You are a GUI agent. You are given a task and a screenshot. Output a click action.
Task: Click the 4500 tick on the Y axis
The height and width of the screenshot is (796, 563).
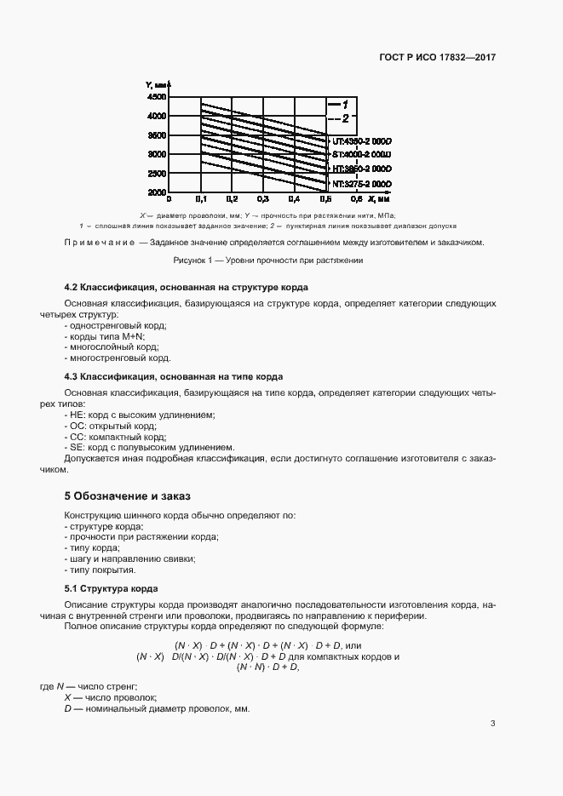coord(157,97)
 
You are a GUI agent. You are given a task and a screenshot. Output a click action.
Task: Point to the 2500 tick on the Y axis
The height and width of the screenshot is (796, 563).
coord(157,174)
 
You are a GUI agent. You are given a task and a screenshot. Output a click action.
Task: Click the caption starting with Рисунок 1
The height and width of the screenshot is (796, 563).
coord(268,261)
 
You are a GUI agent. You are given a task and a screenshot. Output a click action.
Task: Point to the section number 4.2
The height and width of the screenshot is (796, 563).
coord(73,288)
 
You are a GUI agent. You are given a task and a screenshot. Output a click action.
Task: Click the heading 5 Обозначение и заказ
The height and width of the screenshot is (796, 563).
coord(128,495)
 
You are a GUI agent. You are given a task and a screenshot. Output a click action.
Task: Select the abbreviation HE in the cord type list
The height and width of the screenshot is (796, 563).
coord(76,415)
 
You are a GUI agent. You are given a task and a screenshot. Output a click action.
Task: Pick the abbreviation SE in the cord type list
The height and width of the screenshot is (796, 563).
coord(76,448)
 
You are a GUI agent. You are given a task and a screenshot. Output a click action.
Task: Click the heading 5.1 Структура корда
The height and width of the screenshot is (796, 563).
coord(112,588)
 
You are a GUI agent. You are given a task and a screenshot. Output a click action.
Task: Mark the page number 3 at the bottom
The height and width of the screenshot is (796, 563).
coord(493,724)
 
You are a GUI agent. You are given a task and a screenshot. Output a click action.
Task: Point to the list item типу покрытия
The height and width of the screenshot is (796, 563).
coord(101,570)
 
